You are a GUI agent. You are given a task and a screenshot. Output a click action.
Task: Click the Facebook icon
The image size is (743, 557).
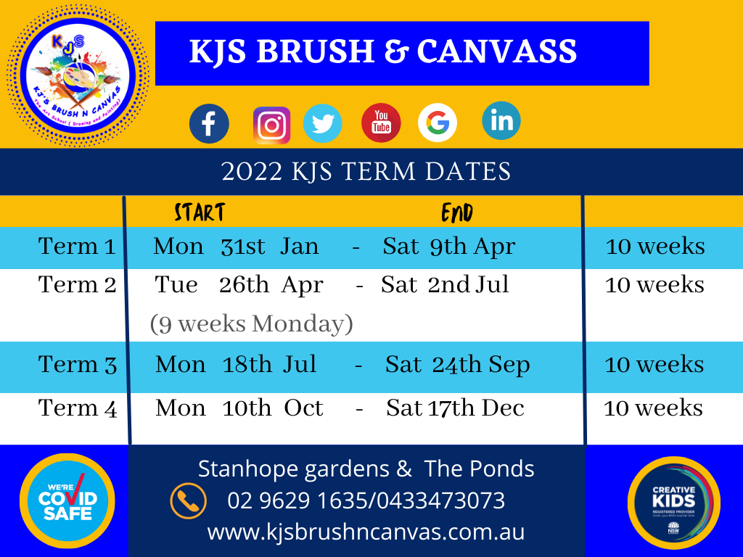[209, 124]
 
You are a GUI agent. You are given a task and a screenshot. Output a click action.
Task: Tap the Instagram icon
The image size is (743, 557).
[271, 125]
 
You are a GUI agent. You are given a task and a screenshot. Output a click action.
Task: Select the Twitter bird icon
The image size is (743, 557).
[322, 123]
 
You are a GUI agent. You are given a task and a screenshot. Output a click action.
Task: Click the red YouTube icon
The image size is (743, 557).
[381, 123]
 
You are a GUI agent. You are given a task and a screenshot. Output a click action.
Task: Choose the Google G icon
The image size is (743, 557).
[438, 123]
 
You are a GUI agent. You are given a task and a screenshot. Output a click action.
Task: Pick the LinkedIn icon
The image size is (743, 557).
[501, 120]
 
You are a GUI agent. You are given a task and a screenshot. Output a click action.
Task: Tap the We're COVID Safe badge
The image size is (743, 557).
[67, 500]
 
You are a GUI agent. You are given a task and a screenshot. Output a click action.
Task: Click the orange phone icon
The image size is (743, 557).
[189, 501]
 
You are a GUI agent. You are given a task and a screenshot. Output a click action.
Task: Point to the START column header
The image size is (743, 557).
[200, 213]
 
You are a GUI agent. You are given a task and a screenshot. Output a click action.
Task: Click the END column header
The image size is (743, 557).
[457, 213]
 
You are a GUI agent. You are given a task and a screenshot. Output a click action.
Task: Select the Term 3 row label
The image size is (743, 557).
[78, 365]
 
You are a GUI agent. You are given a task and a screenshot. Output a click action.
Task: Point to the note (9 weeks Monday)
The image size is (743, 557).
[252, 324]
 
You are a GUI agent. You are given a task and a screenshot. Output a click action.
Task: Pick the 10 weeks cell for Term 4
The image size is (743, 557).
[653, 408]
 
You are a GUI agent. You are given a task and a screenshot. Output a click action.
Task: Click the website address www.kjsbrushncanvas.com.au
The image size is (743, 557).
[366, 532]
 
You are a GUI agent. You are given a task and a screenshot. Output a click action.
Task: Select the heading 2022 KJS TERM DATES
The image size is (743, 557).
[366, 172]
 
